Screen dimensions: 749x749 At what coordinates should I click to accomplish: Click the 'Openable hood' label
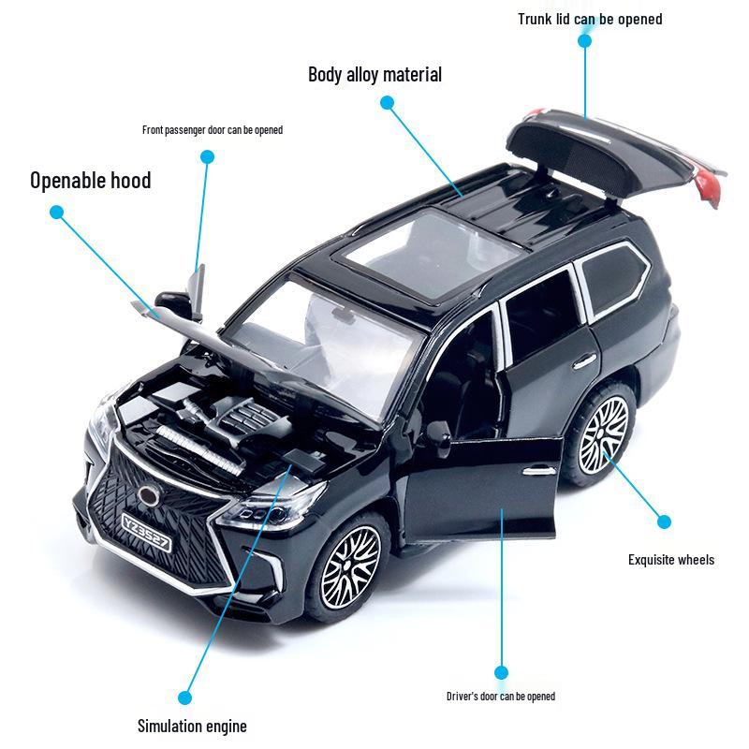[x=90, y=181]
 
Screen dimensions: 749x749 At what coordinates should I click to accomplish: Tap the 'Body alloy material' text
[x=375, y=75]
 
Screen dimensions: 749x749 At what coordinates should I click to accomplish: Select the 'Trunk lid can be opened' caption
[x=590, y=19]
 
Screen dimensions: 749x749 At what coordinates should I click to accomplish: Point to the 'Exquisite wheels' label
[x=671, y=560]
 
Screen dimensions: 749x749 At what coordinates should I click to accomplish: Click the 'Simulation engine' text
[x=192, y=727]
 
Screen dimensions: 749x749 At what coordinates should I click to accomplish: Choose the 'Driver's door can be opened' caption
[x=501, y=697]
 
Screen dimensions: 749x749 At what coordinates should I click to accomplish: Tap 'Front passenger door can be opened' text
[x=213, y=130]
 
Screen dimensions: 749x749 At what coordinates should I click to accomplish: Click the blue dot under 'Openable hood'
[x=56, y=213]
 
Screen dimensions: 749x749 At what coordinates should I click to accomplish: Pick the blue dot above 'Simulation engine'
[x=184, y=698]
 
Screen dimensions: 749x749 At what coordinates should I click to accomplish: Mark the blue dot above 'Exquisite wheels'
[x=664, y=521]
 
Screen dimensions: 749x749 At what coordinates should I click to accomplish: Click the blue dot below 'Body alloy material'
[x=387, y=102]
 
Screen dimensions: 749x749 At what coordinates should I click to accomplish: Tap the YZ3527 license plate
[x=146, y=531]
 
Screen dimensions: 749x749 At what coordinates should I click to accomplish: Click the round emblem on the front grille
[x=148, y=496]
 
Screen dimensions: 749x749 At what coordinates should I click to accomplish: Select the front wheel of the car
[x=350, y=567]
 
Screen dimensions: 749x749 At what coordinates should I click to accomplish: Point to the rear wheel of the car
[x=603, y=434]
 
